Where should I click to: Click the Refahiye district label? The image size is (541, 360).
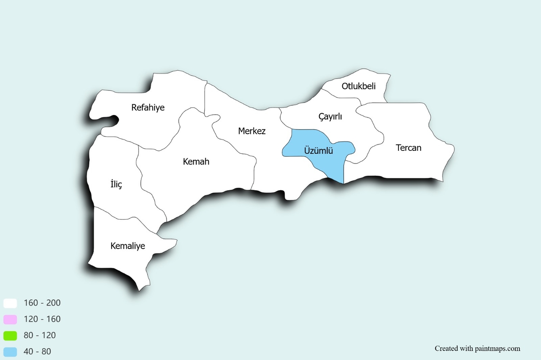click(x=148, y=107)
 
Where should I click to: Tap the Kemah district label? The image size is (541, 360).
click(x=196, y=161)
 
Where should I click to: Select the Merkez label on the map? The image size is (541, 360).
click(x=252, y=131)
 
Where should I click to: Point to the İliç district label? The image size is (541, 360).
click(x=116, y=184)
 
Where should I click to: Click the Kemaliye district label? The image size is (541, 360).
click(x=128, y=246)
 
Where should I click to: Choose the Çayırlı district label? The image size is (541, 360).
click(x=330, y=117)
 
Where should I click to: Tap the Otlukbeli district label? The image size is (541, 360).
click(x=359, y=87)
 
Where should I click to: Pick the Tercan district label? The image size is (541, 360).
click(x=409, y=148)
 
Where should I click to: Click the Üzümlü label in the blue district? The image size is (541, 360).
click(x=319, y=150)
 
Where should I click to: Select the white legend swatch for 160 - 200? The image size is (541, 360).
click(x=10, y=303)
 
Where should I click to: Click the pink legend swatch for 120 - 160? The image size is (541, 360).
click(x=10, y=319)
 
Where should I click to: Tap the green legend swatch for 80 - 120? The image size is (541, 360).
click(x=10, y=335)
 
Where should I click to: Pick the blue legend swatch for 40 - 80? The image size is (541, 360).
click(x=10, y=352)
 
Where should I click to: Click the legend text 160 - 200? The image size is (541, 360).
click(x=42, y=303)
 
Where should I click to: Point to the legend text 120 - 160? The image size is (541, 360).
click(x=42, y=319)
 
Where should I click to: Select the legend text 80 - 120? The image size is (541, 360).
click(x=40, y=335)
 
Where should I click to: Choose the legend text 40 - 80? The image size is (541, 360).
click(x=37, y=352)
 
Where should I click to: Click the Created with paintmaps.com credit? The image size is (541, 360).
click(x=478, y=349)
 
